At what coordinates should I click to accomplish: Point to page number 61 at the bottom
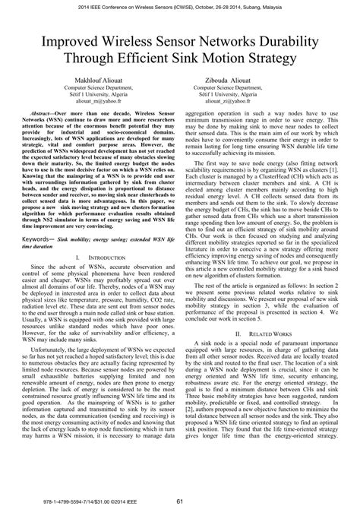pyautogui.click(x=180, y=499)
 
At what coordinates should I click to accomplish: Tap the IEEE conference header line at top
pyautogui.click(x=180, y=6)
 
